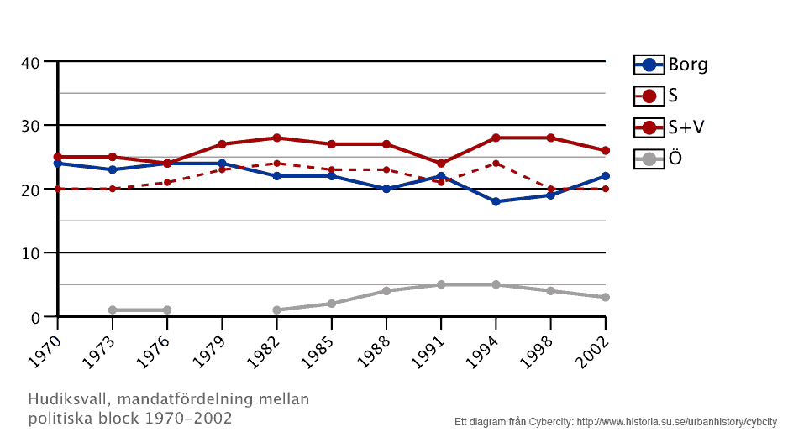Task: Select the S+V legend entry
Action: point(670,127)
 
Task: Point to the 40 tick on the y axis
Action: point(30,62)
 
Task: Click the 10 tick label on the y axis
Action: point(30,253)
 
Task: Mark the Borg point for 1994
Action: point(496,201)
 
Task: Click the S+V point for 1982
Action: point(276,138)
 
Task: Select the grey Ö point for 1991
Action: point(441,284)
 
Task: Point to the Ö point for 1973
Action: point(113,310)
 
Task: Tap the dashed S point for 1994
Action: point(496,164)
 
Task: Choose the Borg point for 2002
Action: point(605,176)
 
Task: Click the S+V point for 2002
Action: point(605,151)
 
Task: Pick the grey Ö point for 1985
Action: point(331,304)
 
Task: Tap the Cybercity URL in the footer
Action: point(676,421)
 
